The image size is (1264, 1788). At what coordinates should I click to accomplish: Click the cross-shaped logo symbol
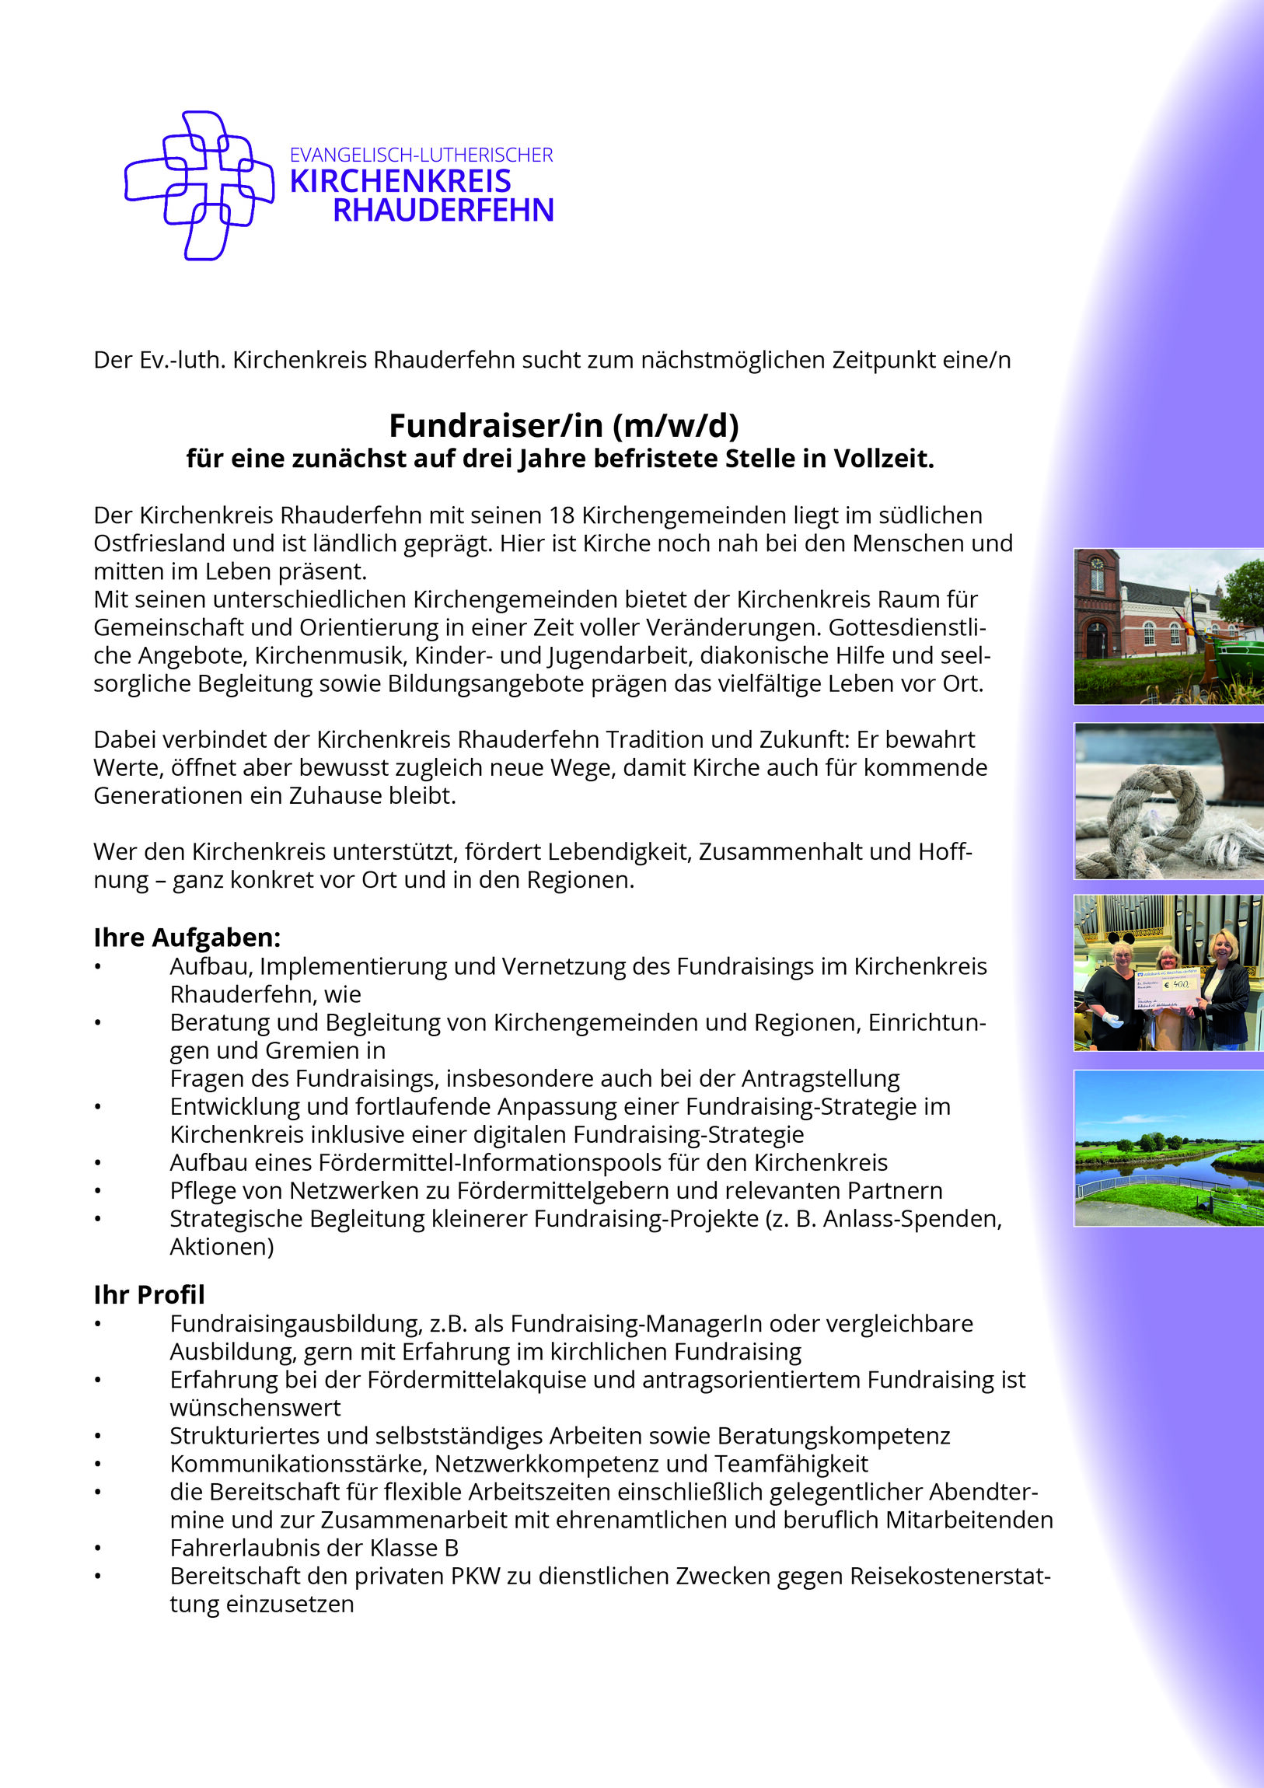click(199, 185)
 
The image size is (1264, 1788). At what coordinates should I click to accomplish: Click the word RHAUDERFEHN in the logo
click(443, 210)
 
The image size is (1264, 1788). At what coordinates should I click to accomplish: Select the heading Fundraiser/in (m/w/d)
click(564, 425)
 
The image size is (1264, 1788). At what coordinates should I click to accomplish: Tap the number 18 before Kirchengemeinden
click(561, 515)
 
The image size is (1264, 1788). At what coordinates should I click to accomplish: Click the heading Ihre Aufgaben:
click(187, 937)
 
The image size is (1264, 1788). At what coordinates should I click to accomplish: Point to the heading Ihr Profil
click(148, 1294)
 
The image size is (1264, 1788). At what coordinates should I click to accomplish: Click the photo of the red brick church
click(1168, 627)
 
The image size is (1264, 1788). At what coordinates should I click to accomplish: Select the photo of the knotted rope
click(1168, 801)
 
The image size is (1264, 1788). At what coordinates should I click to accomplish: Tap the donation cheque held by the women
click(1165, 993)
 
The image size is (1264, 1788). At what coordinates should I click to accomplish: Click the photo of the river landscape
click(1168, 1148)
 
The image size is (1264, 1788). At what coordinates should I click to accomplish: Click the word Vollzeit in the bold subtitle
click(883, 459)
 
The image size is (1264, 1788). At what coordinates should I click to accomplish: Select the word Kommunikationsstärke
click(299, 1463)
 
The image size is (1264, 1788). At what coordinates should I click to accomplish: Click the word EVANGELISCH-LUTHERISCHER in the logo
click(421, 155)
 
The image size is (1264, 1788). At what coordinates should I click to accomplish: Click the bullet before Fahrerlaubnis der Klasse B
click(97, 1548)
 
